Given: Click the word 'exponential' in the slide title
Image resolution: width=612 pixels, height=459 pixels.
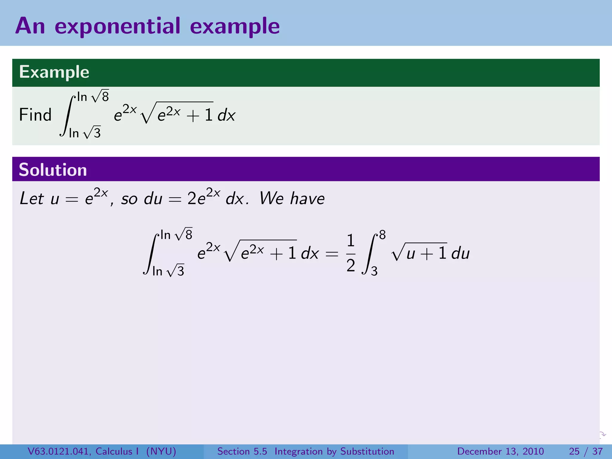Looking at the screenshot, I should [x=117, y=26].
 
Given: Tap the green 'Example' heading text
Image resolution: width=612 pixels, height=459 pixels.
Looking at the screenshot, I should [x=54, y=72].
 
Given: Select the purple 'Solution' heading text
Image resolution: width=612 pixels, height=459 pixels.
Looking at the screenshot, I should [x=53, y=170].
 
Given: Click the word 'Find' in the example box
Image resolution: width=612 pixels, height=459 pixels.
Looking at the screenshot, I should [x=35, y=115].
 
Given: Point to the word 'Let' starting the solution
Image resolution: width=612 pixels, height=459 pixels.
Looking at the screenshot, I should [x=32, y=198].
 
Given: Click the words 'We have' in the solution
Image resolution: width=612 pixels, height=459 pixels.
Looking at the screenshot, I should [x=292, y=198].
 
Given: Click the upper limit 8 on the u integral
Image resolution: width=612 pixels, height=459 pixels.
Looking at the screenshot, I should [x=382, y=235].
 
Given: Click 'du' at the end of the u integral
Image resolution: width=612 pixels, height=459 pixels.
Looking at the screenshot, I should [x=460, y=253].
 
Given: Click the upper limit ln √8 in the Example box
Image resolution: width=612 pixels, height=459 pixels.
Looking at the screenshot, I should [x=93, y=97].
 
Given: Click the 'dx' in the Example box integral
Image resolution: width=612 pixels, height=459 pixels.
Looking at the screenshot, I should [x=227, y=115].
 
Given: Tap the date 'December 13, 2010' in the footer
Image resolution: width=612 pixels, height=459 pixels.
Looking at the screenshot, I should [x=500, y=451].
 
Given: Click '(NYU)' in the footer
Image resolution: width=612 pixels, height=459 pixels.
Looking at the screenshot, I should [x=161, y=451].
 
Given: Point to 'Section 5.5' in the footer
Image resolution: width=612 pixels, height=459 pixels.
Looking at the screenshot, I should [x=242, y=451].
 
